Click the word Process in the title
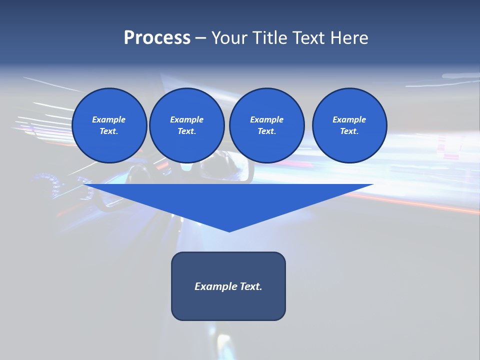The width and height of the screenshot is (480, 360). point(157,38)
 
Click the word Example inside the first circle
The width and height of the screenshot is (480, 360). point(109,119)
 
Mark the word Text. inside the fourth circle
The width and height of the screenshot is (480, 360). point(349,131)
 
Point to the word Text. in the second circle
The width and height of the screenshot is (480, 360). point(187,131)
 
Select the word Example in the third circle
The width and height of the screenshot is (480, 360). point(266,119)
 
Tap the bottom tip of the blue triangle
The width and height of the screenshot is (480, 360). point(229,230)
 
